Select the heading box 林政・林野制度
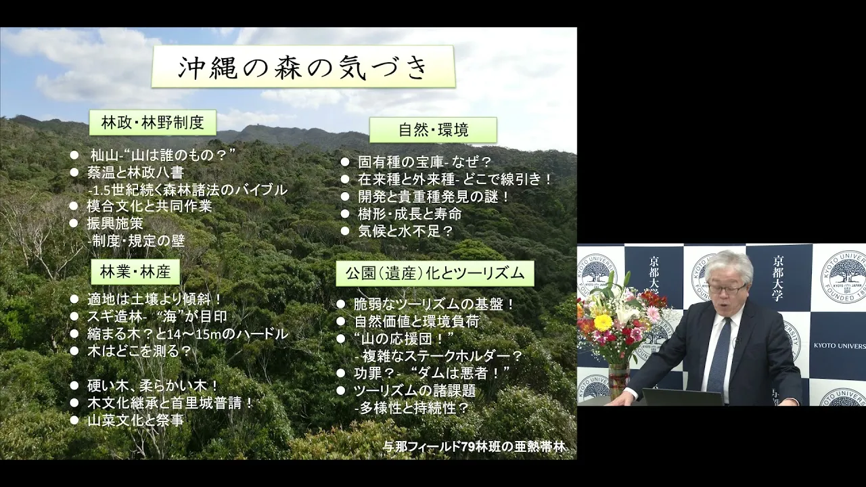point(153,123)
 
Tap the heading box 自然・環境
point(434,130)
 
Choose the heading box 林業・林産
point(135,272)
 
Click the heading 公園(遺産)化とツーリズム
point(435,273)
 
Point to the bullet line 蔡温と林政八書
point(135,172)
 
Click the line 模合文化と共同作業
point(150,206)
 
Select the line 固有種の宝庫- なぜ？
point(424,162)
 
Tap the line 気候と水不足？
point(405,231)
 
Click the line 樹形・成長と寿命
point(410,214)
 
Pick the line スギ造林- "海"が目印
point(157,317)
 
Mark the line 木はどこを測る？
point(139,351)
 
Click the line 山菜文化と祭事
point(135,420)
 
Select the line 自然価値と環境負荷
point(417,321)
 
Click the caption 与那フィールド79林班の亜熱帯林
point(474,447)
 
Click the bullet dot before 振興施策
point(74,223)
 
